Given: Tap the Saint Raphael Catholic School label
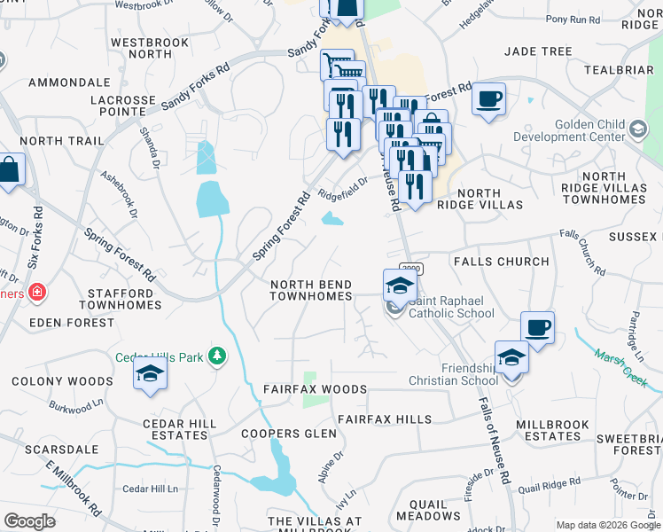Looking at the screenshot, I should click(x=450, y=307).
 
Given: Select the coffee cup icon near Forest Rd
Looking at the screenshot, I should click(x=487, y=99).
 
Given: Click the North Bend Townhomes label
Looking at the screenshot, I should click(x=311, y=289).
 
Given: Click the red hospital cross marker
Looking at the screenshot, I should click(x=36, y=292).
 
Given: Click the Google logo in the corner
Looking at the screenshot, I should click(x=29, y=520).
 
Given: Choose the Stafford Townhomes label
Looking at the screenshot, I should click(x=123, y=298).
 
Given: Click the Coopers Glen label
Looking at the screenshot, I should click(x=289, y=434).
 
